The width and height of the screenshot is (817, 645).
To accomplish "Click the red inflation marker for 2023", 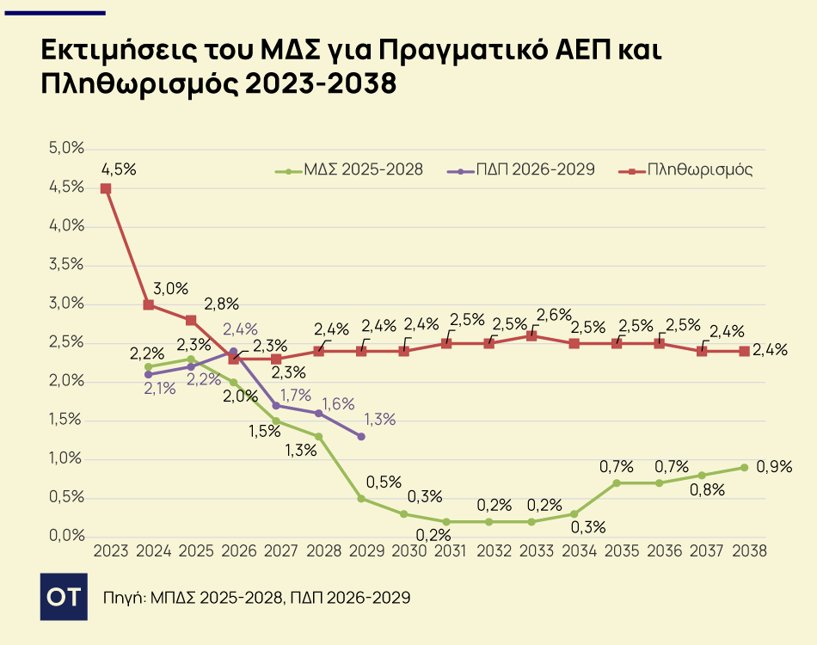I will (x=106, y=188).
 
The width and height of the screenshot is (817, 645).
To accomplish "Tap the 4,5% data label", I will (x=119, y=169).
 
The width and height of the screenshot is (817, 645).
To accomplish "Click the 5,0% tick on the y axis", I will (x=66, y=149).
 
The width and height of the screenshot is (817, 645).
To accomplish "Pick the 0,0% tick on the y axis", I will (x=66, y=537).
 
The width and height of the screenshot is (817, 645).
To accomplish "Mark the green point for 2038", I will (x=744, y=467).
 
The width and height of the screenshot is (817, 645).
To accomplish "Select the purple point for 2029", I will (x=361, y=437).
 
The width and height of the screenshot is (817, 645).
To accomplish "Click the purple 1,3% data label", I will (x=380, y=420).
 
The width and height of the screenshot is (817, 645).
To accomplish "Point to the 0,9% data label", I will (x=774, y=467).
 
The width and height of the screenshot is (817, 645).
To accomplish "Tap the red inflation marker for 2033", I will (x=531, y=335).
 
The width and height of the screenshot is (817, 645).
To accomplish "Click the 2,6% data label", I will (x=555, y=315).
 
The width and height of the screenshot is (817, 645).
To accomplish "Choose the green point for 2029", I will (x=361, y=498).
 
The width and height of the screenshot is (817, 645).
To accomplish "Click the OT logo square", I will (x=64, y=595).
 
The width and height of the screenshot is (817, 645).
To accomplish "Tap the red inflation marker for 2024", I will (x=149, y=304).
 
